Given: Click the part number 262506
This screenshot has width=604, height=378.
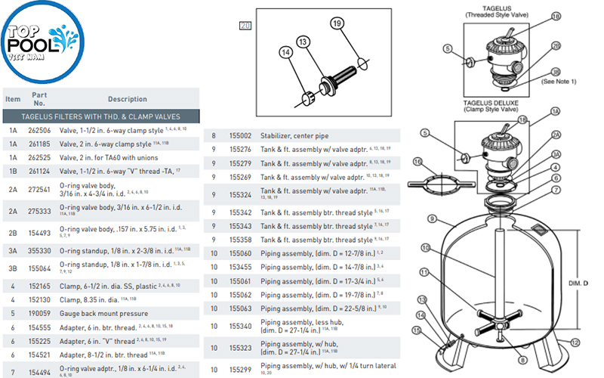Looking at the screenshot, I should (39, 130).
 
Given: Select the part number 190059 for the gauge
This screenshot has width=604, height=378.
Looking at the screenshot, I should (39, 311).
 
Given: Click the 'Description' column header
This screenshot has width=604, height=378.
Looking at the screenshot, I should (127, 99).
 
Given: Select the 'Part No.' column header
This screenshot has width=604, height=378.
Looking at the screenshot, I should (39, 99).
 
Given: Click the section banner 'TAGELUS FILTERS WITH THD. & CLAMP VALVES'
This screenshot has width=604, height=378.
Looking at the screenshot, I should (101, 116).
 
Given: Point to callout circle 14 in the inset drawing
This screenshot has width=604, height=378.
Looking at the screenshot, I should (285, 52).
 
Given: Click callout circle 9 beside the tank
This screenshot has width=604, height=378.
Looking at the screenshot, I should (432, 219).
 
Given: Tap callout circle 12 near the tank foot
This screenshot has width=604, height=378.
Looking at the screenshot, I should (575, 342).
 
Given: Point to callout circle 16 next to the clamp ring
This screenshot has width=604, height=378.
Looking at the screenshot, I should (418, 161).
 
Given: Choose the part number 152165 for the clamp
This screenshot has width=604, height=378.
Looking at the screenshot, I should (39, 287).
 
